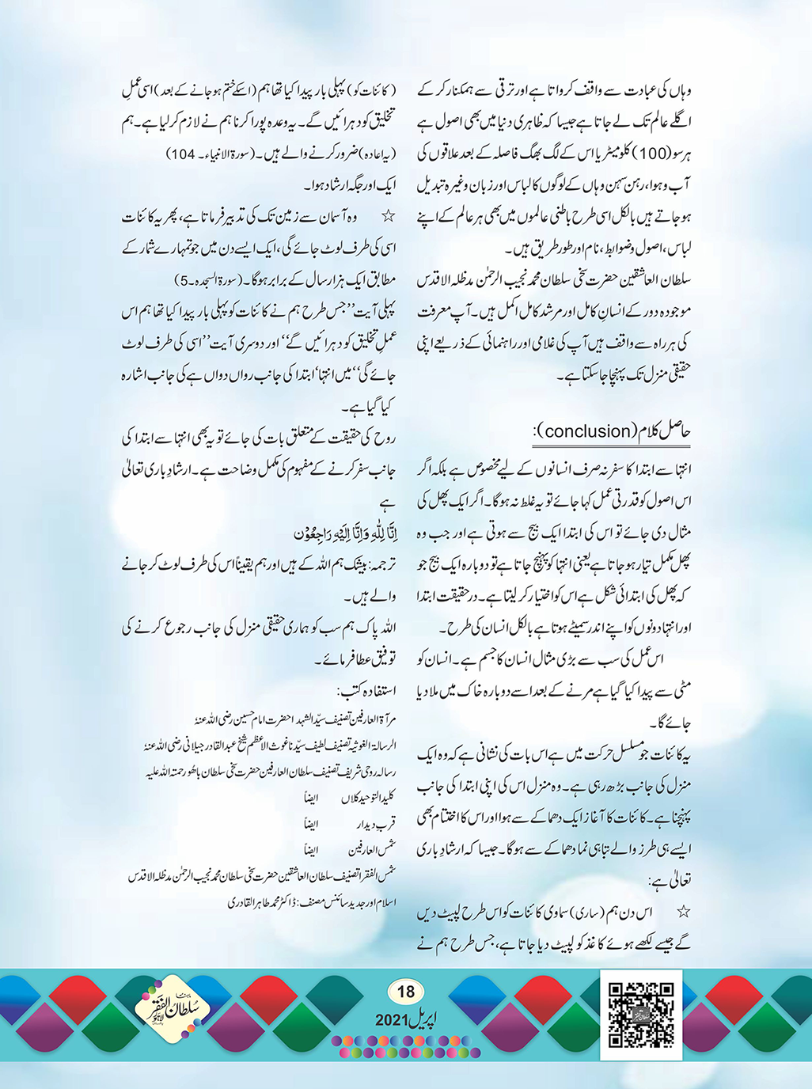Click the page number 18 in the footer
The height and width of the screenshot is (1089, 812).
pos(405,992)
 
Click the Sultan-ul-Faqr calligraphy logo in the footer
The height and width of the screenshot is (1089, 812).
pos(172,1011)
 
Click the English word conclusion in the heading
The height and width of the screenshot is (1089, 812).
pos(586,431)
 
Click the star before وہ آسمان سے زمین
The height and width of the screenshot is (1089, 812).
pos(388,215)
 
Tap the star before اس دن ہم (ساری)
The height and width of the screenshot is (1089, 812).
pos(683,913)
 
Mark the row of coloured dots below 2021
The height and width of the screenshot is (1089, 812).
pos(405,1046)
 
